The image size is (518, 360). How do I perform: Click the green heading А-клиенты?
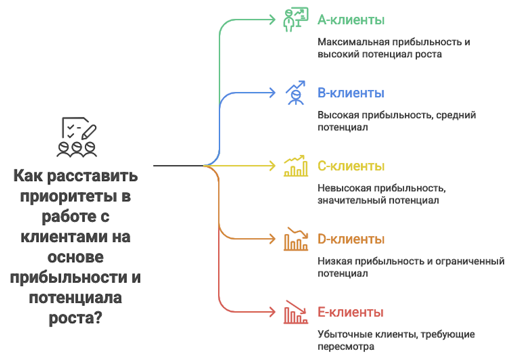(x=351, y=20)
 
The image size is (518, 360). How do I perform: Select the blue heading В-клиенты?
(x=351, y=93)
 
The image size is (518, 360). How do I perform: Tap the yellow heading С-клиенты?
(x=351, y=166)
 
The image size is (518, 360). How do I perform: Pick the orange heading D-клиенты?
(x=351, y=239)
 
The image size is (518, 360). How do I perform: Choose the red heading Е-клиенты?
(x=351, y=312)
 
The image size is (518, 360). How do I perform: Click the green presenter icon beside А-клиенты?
(x=295, y=20)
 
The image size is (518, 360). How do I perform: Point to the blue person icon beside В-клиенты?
(x=296, y=93)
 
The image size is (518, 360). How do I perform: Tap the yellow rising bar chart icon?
(x=296, y=166)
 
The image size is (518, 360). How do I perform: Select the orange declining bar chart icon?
(x=296, y=239)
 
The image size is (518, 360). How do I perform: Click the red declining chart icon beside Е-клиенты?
(x=296, y=312)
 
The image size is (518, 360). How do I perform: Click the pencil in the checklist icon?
(x=89, y=132)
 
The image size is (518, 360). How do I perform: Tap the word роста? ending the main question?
(x=75, y=318)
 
